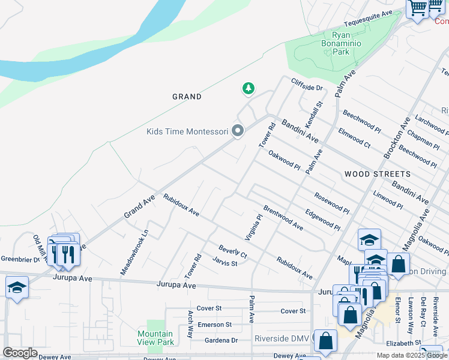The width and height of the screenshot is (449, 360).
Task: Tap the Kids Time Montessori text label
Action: point(187,131)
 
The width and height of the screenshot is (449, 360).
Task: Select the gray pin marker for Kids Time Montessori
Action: point(238,131)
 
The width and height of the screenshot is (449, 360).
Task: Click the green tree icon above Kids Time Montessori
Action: point(248,89)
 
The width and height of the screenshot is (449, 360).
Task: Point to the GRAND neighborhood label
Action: point(187,97)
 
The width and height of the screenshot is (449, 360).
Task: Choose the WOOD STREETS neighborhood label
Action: point(378,174)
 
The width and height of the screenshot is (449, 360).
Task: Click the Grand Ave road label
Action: point(139,206)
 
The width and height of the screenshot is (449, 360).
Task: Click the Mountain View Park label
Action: point(155,338)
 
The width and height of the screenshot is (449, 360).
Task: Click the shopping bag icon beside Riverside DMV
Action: point(325,340)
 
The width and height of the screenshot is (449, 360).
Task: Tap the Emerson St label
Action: point(215,325)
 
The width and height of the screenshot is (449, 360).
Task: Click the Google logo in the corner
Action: point(20,353)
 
